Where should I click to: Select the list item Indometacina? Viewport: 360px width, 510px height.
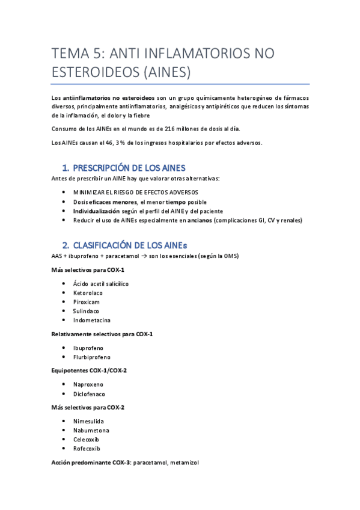pyautogui.click(x=92, y=320)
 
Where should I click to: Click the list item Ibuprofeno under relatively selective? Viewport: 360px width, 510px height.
pyautogui.click(x=88, y=348)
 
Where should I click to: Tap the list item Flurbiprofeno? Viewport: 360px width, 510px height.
pyautogui.click(x=92, y=357)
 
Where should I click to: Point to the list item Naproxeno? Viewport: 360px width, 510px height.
pyautogui.click(x=88, y=384)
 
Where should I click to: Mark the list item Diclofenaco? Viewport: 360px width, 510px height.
pyautogui.click(x=89, y=394)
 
